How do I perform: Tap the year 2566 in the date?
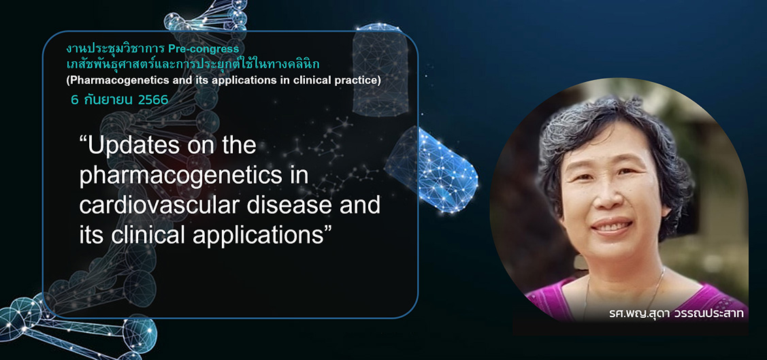(x=153, y=100)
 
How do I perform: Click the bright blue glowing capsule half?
(x=431, y=171)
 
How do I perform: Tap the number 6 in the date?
(x=75, y=100)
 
